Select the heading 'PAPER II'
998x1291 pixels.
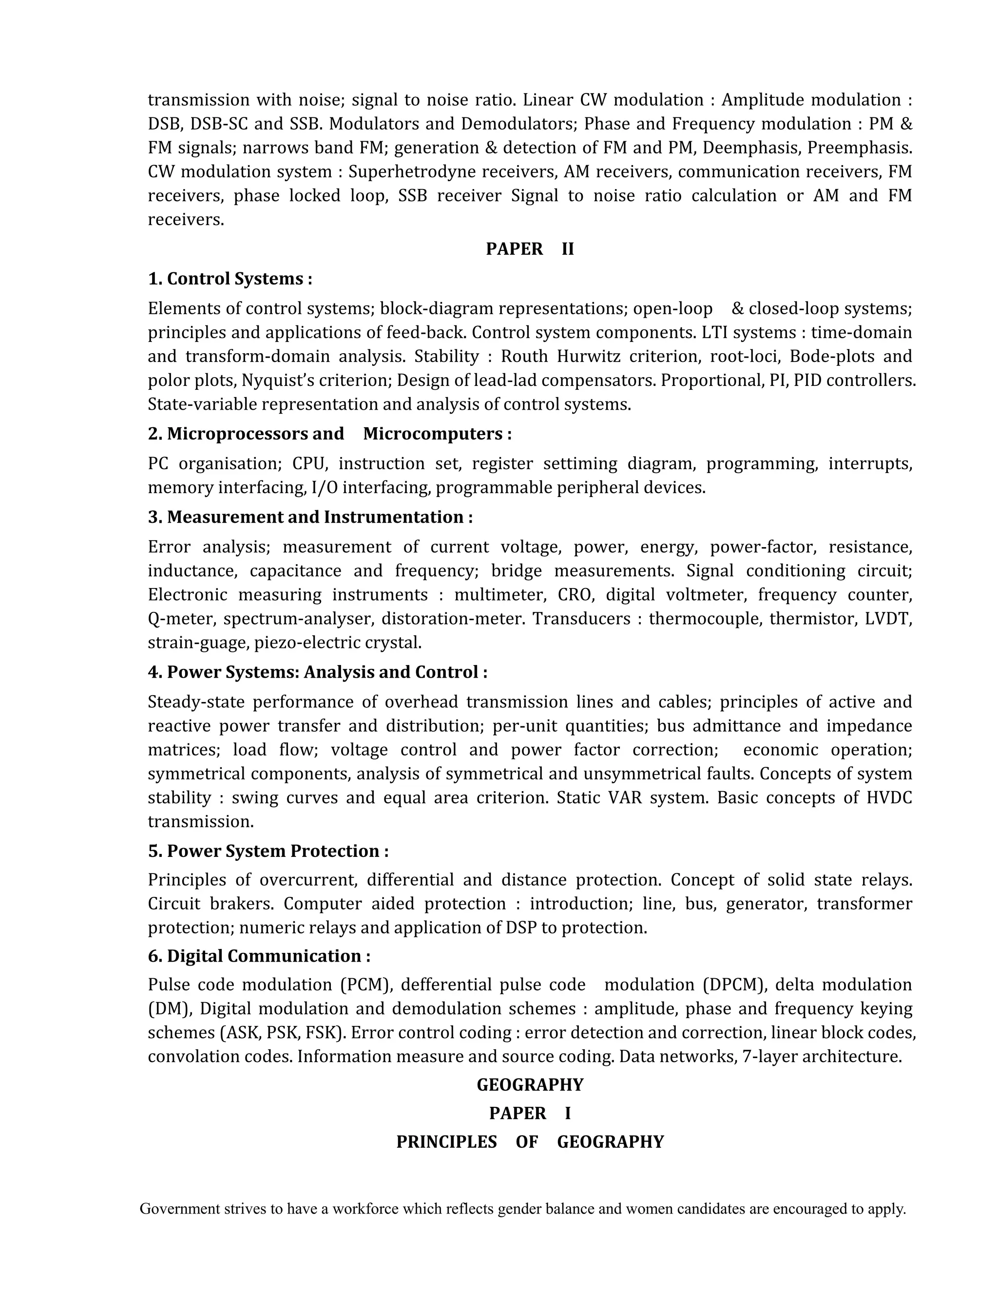point(530,249)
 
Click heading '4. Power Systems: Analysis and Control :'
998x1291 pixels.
point(318,672)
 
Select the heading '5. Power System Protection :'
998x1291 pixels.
point(268,851)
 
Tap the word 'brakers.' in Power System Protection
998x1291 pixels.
point(242,903)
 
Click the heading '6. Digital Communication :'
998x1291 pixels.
point(259,956)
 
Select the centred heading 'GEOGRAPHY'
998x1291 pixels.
point(530,1085)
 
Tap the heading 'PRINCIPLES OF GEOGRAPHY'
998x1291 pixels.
point(530,1141)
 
